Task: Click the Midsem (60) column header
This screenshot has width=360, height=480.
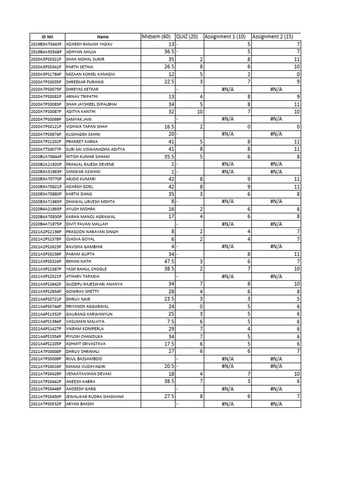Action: [x=156, y=37]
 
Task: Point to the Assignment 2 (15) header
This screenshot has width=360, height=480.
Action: [x=273, y=37]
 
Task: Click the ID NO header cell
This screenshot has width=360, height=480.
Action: [x=47, y=37]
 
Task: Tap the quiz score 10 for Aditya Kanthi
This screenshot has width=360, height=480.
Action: [x=199, y=112]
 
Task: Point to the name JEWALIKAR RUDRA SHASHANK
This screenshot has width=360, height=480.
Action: [x=95, y=396]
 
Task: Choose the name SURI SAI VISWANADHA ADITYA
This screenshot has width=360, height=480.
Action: [x=96, y=149]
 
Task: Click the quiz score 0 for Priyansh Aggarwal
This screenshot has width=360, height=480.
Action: [x=201, y=306]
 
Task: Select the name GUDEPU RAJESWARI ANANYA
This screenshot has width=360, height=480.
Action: [x=94, y=284]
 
